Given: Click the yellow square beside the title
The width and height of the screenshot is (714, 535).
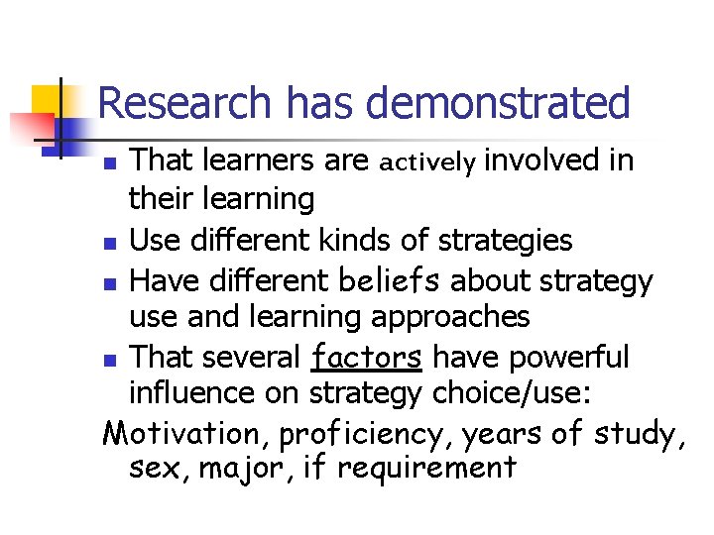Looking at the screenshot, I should pyautogui.click(x=48, y=101).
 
